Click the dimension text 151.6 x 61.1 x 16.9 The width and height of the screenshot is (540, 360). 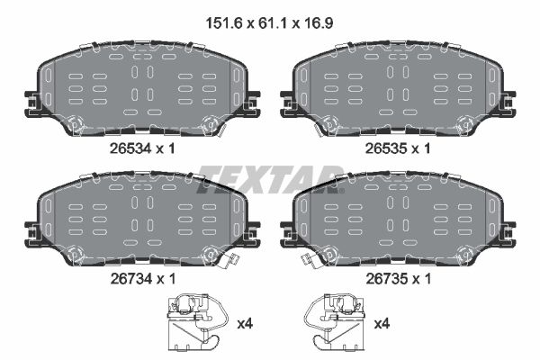[269, 23]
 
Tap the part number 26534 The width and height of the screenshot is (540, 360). [130, 148]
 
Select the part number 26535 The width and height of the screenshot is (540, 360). [386, 148]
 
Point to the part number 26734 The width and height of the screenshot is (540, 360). [130, 279]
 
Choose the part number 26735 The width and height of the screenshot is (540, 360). [386, 279]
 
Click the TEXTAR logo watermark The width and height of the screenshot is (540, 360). [270, 179]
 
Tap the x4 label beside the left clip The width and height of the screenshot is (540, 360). [245, 324]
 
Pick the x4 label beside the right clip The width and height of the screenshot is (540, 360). [382, 324]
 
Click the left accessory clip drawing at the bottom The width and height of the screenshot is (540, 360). [197, 322]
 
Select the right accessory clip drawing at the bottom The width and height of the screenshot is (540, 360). [334, 322]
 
